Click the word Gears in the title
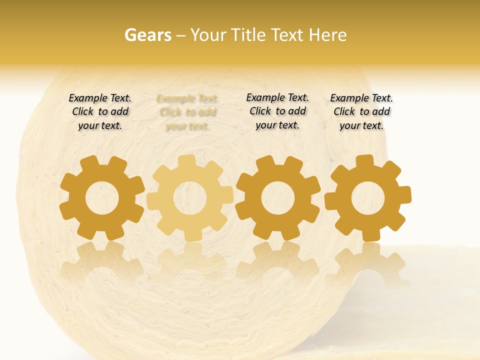pos(147,35)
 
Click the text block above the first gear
pos(100,112)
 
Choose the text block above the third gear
pos(277,111)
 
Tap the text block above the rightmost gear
pos(361,112)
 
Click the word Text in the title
pos(288,35)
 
